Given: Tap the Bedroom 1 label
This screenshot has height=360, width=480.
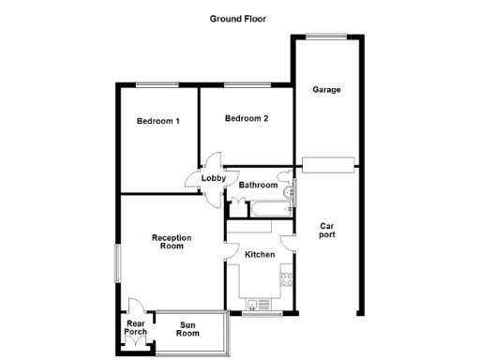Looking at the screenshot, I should click(157, 121).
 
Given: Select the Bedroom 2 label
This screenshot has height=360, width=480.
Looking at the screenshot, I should click(247, 118).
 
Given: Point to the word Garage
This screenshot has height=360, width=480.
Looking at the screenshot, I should click(326, 90).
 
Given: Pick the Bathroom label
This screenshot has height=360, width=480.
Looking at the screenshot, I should click(258, 185).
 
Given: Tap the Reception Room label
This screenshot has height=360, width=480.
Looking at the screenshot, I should click(172, 242).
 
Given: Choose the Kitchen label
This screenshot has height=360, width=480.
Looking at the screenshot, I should click(260, 254).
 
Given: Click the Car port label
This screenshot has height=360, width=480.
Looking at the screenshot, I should click(326, 230).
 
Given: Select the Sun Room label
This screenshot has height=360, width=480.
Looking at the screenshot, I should click(188, 329).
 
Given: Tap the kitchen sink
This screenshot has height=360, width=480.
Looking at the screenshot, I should click(257, 304).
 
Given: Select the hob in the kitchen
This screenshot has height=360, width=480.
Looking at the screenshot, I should click(287, 277).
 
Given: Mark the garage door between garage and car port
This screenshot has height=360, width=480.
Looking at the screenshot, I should click(327, 167).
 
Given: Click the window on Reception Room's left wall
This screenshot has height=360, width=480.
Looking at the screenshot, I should click(117, 262).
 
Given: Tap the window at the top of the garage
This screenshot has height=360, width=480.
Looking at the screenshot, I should click(327, 37).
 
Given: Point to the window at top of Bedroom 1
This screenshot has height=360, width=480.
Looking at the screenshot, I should click(156, 85).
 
